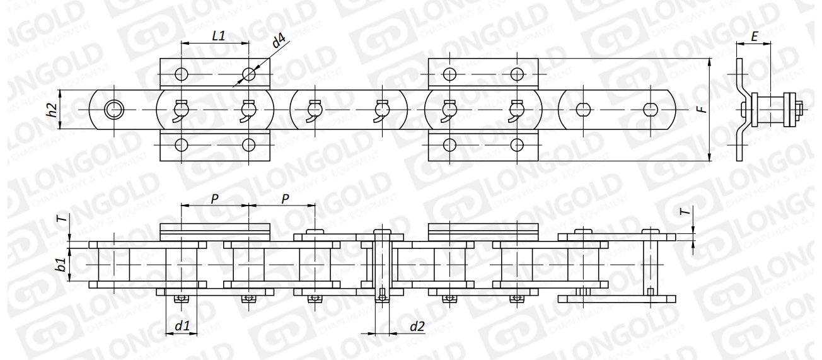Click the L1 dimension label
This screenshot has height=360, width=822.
(x=218, y=35)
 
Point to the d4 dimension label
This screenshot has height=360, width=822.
(x=279, y=42)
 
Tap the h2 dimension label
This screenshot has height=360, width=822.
(x=52, y=110)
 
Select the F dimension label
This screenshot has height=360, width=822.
(x=702, y=109)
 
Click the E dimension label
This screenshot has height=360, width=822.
(x=755, y=37)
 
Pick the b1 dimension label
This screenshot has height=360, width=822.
(x=61, y=265)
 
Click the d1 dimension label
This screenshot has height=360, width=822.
(x=182, y=325)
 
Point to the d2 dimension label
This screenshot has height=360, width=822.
(x=417, y=325)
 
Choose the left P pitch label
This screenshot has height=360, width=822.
(x=215, y=199)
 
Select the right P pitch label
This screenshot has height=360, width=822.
(x=285, y=199)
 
